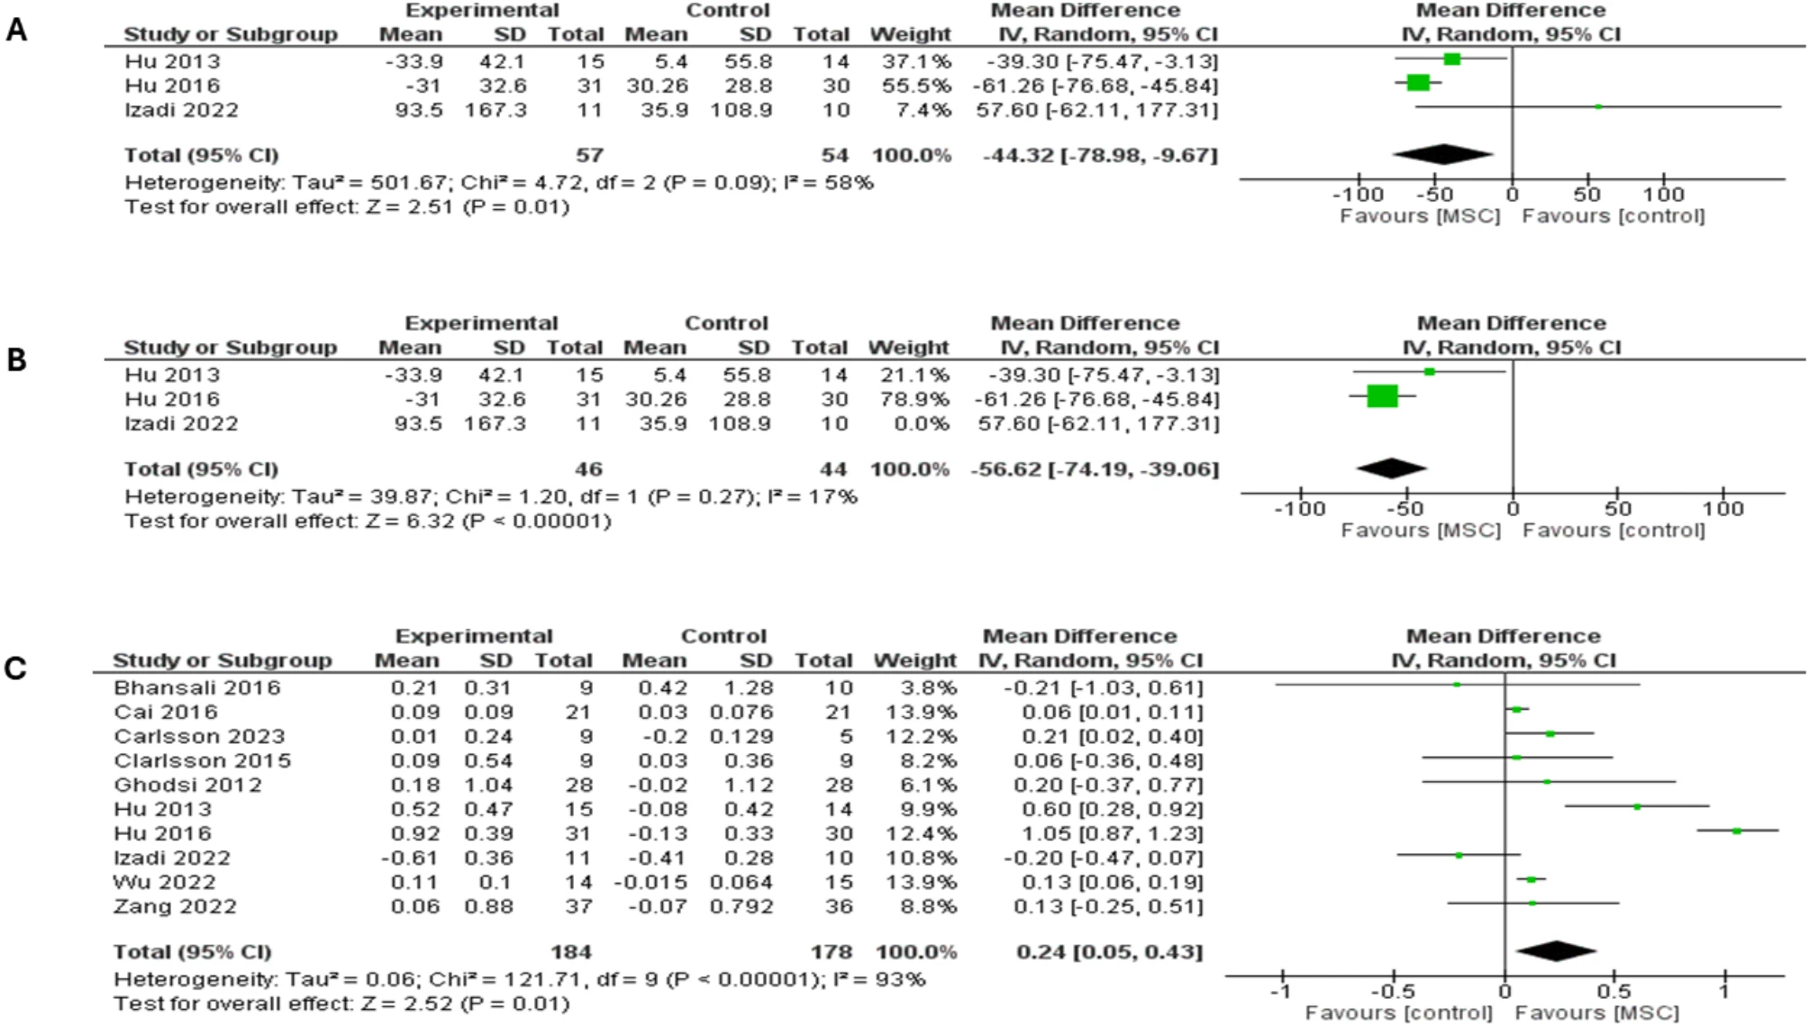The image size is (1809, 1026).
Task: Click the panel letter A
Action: click(16, 31)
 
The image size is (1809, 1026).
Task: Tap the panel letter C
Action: click(15, 669)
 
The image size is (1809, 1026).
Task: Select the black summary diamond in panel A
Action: click(1442, 155)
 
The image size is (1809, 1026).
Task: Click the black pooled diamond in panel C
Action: click(1556, 950)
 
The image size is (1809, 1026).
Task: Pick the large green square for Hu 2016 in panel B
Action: click(1382, 396)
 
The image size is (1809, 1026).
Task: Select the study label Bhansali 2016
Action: click(197, 688)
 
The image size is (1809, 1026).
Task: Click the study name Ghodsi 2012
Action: click(188, 785)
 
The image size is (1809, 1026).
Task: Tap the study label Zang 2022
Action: click(176, 907)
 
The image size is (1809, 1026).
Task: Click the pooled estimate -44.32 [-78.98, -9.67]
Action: click(1100, 155)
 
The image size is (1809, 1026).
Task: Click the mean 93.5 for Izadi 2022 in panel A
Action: click(418, 110)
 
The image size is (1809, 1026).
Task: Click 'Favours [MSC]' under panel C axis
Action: click(1596, 1013)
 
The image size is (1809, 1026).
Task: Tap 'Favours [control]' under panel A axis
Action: click(1614, 216)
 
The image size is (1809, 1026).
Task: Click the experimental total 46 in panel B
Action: click(588, 469)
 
